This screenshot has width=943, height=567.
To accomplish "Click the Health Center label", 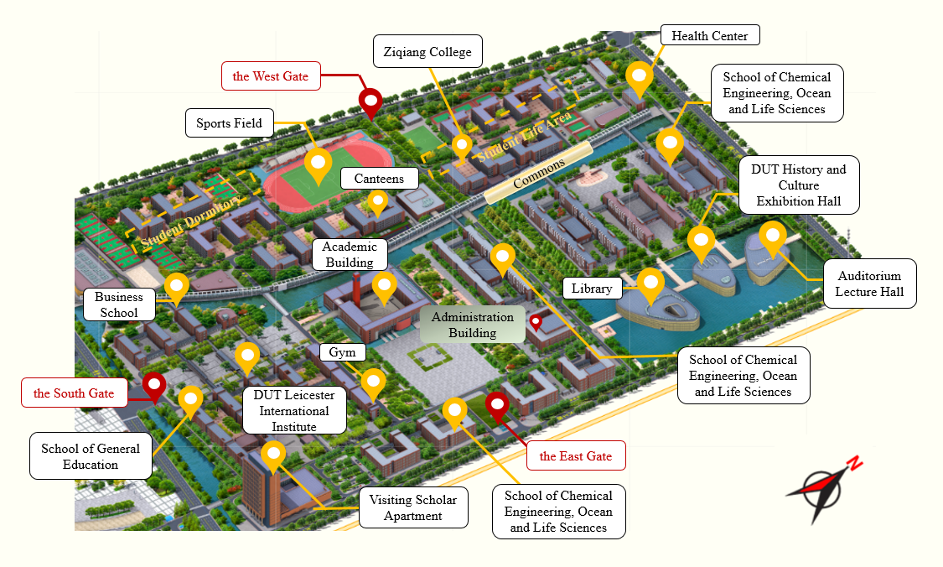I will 710,36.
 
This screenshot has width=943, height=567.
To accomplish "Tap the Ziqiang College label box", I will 427,52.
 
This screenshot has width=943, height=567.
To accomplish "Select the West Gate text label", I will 271,76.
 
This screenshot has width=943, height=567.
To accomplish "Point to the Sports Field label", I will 230,123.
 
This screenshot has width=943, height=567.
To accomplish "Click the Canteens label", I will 379,179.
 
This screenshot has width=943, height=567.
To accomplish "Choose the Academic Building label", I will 350,254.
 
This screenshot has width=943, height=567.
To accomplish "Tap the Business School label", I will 119,304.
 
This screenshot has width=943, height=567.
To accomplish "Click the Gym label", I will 342,352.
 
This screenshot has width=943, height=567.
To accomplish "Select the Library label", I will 592,289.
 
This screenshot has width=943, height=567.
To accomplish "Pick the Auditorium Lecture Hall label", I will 869,283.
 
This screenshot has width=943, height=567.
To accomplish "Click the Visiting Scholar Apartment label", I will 413,507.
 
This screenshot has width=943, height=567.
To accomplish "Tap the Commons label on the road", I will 539,173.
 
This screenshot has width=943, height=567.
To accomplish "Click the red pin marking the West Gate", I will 370,102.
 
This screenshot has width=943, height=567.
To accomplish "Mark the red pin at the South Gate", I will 153,385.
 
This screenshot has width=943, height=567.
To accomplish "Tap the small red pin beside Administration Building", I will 536,321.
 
